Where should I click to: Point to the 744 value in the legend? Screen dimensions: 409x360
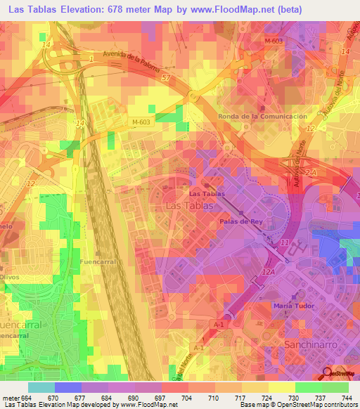(x=346, y=397)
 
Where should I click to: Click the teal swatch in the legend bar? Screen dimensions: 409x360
(x=41, y=387)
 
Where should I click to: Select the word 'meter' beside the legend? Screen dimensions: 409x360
(x=10, y=397)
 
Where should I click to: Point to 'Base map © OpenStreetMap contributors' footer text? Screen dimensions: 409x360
(x=297, y=405)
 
